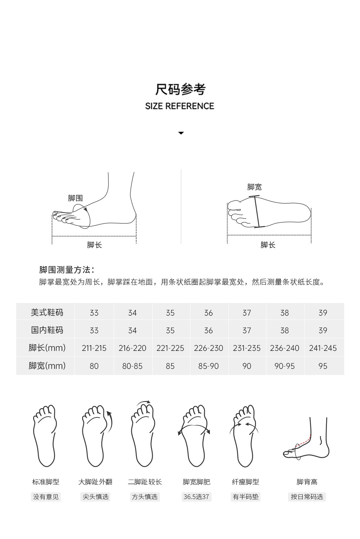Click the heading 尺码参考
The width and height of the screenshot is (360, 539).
tap(180, 89)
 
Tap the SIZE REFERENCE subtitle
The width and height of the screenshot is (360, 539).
tap(180, 106)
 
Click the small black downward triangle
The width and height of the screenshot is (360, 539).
tap(181, 133)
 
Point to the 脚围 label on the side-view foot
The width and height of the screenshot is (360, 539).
tap(75, 198)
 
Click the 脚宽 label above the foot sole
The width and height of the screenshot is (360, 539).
tap(254, 187)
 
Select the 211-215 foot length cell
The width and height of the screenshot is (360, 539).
tap(94, 348)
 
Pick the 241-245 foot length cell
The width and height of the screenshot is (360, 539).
tap(323, 348)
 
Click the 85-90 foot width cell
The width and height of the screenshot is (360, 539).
tap(208, 366)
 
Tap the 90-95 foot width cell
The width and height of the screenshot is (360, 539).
tap(284, 366)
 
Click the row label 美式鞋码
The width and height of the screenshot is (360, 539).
tap(47, 312)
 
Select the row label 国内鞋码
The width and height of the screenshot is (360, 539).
tap(47, 330)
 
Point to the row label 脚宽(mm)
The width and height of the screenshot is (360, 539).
tap(47, 366)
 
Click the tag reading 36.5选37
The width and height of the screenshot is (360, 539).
tap(196, 497)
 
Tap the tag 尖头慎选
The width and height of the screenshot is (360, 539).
tap(96, 497)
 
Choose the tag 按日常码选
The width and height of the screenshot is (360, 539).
tap(307, 497)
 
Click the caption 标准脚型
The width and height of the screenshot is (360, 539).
tap(46, 482)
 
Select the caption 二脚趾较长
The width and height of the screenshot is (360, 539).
tap(145, 482)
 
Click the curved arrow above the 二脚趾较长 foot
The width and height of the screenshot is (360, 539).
tap(144, 402)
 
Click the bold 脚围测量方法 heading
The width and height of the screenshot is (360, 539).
tap(67, 270)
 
